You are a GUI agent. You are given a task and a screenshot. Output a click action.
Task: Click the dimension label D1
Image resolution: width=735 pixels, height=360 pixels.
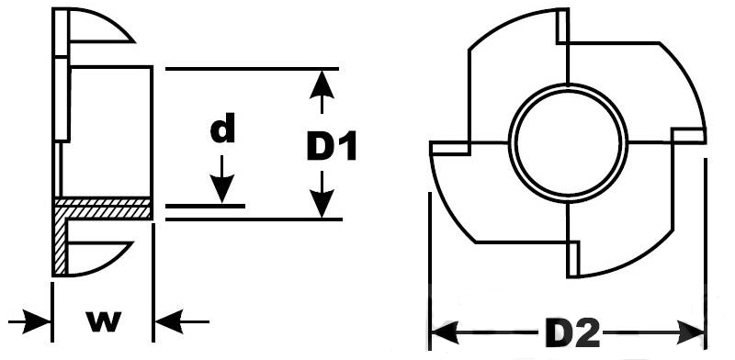tap(332, 147)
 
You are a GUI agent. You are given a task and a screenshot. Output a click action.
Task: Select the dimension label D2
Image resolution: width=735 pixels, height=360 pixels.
tap(572, 332)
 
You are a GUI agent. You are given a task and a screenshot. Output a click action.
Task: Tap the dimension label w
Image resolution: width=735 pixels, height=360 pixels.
tap(104, 321)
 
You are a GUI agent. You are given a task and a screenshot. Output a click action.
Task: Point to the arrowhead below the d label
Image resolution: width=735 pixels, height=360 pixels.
tap(221, 188)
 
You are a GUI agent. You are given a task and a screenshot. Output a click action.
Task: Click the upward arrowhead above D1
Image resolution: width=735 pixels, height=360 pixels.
tap(322, 84)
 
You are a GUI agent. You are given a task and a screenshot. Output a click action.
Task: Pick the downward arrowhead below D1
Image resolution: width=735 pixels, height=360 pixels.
tap(322, 203)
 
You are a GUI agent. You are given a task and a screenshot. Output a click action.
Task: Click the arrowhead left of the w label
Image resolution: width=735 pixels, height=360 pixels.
tap(36, 321)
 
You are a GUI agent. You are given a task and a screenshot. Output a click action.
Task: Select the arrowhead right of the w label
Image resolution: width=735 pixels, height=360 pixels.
tap(169, 321)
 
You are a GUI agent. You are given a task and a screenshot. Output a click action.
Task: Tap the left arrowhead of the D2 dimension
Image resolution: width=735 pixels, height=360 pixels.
tap(445, 332)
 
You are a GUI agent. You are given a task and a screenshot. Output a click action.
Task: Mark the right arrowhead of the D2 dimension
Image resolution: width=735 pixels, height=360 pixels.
tap(690, 332)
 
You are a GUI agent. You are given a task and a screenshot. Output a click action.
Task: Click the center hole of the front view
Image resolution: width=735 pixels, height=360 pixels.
tap(568, 142)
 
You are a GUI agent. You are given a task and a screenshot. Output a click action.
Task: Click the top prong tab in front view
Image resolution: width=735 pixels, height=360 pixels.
tap(562, 27)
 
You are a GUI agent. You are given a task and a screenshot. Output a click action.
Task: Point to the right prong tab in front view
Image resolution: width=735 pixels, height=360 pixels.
tap(688, 135)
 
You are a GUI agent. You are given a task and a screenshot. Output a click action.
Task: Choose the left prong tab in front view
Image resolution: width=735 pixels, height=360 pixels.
tap(449, 148)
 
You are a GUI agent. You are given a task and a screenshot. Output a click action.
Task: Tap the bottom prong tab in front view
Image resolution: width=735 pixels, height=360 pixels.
tap(573, 259)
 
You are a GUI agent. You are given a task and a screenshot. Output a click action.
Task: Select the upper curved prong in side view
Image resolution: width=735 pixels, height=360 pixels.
tap(100, 26)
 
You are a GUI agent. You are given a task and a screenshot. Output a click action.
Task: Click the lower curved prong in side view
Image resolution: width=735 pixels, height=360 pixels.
tap(100, 258)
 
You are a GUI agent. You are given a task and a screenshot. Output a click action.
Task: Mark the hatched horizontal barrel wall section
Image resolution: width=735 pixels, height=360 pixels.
tap(104, 208)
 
